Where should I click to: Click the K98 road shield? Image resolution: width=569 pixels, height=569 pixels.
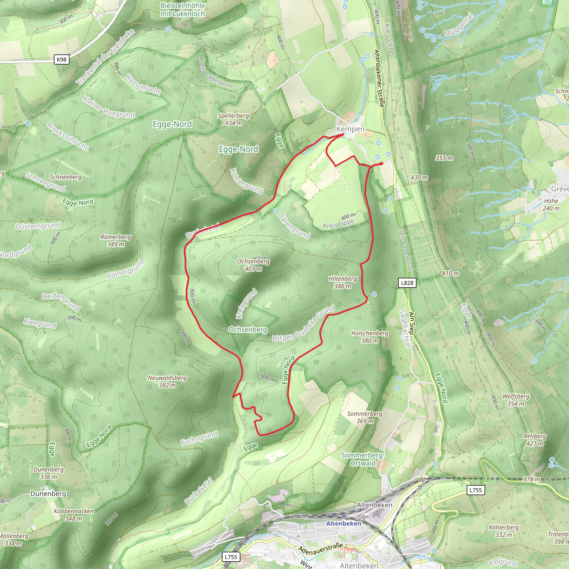tap(62, 59)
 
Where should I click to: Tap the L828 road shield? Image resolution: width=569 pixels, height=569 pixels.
tap(407, 283)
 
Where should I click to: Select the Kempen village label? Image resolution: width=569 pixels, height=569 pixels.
tap(350, 129)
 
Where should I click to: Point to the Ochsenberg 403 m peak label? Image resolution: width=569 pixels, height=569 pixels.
tap(253, 265)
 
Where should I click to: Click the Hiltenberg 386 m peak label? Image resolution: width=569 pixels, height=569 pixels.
tap(343, 282)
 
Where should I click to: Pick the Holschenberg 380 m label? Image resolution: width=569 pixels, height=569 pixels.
tap(370, 337)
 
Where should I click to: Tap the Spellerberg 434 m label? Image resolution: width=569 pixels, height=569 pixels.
tap(233, 119)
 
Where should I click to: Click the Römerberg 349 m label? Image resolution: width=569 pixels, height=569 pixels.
tap(116, 240)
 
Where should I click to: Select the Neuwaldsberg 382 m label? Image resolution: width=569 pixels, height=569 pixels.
tap(167, 381)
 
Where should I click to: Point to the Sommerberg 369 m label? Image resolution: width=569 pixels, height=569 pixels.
tap(365, 417)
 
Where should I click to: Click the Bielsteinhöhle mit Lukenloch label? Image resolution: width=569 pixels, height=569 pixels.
tap(183, 9)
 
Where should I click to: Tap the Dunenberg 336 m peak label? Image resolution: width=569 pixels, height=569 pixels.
tap(49, 473)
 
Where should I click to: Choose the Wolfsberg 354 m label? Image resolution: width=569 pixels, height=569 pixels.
tap(516, 400)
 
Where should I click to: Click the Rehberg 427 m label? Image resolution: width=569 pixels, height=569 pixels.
tap(535, 440)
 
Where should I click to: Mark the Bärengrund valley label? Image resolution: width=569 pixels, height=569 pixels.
tap(294, 226)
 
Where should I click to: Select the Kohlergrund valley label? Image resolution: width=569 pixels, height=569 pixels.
tap(246, 181)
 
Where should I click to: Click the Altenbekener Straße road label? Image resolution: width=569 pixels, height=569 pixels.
tap(379, 78)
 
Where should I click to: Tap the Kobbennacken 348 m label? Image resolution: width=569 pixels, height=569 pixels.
tap(73, 515)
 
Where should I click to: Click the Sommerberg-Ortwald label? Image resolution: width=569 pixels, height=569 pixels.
tap(363, 459)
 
